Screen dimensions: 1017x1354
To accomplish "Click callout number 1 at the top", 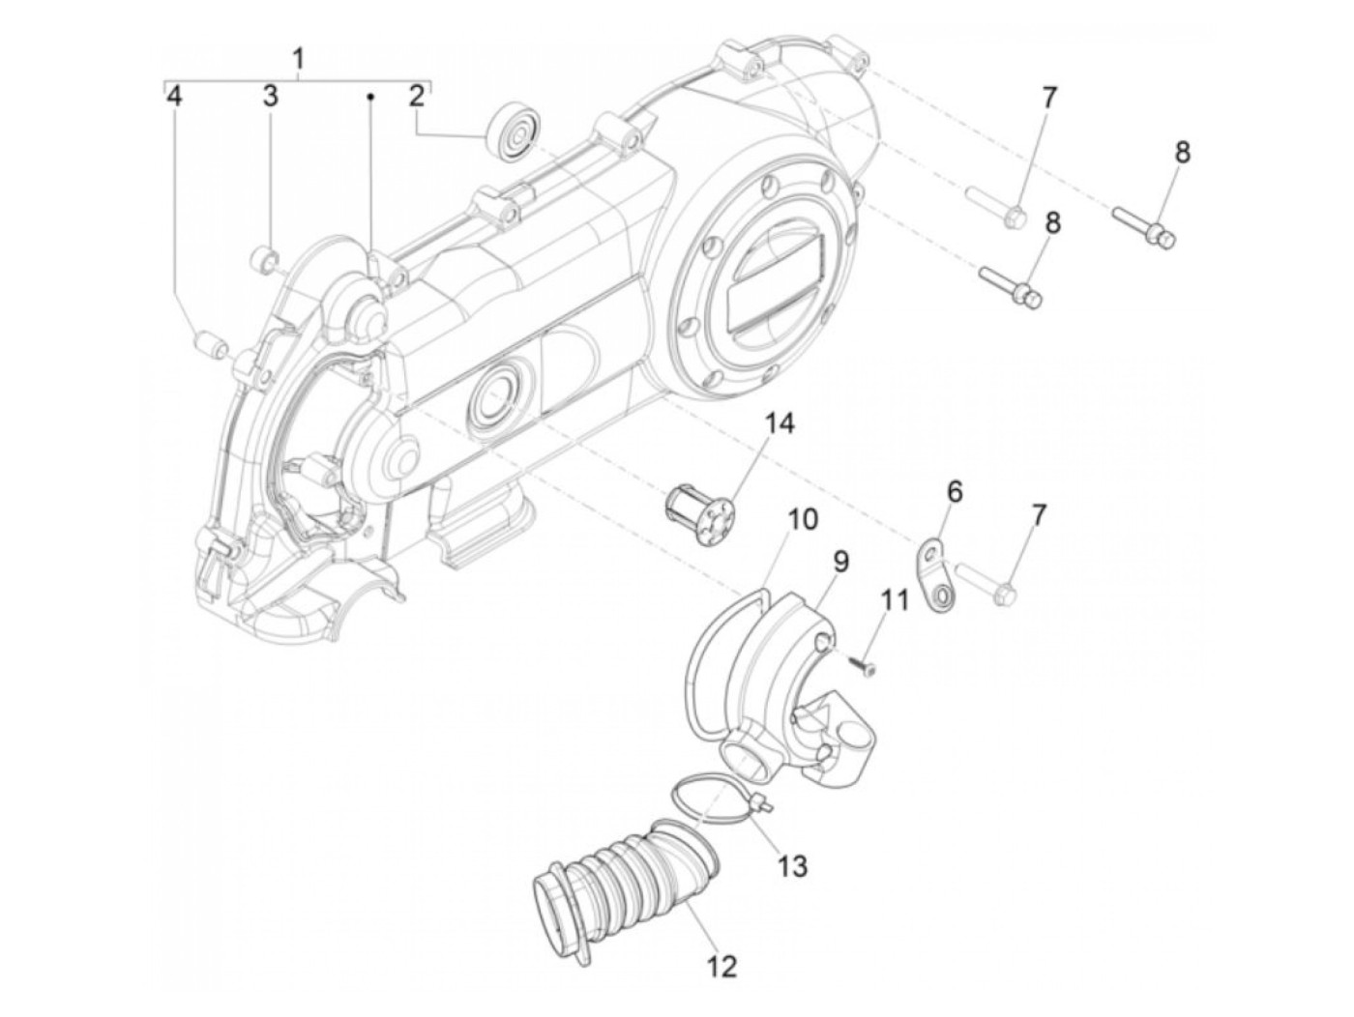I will [299, 59].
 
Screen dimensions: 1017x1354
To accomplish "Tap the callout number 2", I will [416, 96].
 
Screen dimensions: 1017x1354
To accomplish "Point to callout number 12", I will [722, 965].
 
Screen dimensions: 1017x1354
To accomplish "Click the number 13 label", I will [791, 864].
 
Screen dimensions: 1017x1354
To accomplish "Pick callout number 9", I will [839, 562].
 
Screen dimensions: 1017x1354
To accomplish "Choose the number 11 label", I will [895, 600].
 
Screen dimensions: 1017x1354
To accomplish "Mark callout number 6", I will [955, 492].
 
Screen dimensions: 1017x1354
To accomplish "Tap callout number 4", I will [174, 96].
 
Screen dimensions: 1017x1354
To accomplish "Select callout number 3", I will [270, 96].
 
